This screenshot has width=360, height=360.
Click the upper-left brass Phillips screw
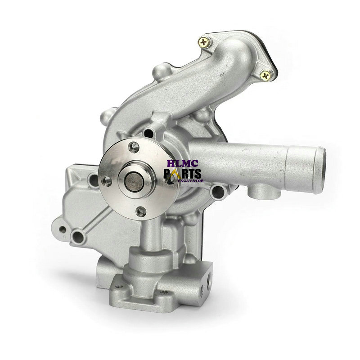[204, 42]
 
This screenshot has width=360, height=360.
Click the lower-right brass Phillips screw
[266, 75]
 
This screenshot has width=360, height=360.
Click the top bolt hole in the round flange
[134, 147]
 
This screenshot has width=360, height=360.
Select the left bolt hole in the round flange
[107, 181]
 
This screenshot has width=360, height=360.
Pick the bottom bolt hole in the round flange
[141, 211]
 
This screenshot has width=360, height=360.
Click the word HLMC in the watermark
[183, 163]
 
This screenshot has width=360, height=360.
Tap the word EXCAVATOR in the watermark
[191, 181]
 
